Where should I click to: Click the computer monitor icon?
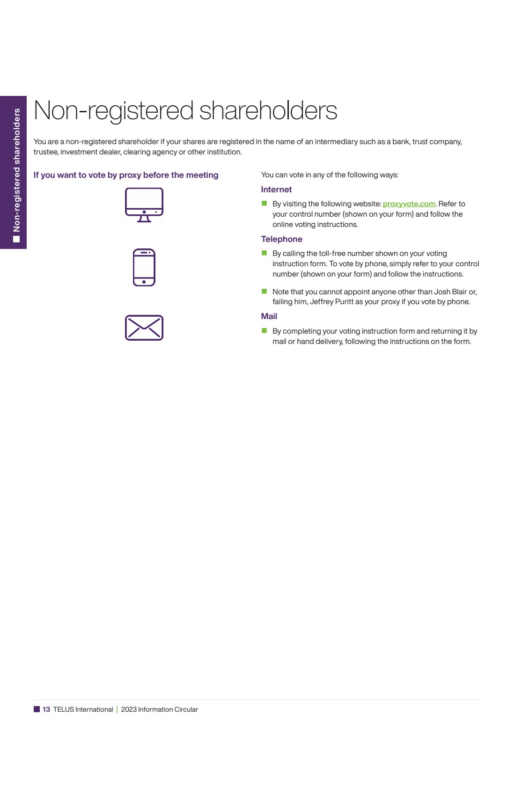(144, 204)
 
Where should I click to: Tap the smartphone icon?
(144, 267)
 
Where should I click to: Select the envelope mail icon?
(144, 328)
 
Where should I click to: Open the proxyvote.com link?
(409, 204)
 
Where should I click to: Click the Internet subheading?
(276, 190)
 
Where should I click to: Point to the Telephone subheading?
(281, 239)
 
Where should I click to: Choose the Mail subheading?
(269, 316)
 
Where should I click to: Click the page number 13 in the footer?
(46, 709)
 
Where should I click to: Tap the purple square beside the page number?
(37, 709)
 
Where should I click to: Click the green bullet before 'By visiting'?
(264, 204)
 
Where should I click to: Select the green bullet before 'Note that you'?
(264, 291)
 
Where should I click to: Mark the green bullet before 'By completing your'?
(264, 331)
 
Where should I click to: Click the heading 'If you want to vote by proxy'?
(125, 175)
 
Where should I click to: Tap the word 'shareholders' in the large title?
(268, 111)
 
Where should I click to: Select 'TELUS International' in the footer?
(83, 709)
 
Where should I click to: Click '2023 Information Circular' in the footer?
(159, 709)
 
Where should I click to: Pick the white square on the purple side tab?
(17, 239)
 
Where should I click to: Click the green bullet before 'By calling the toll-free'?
(264, 253)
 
